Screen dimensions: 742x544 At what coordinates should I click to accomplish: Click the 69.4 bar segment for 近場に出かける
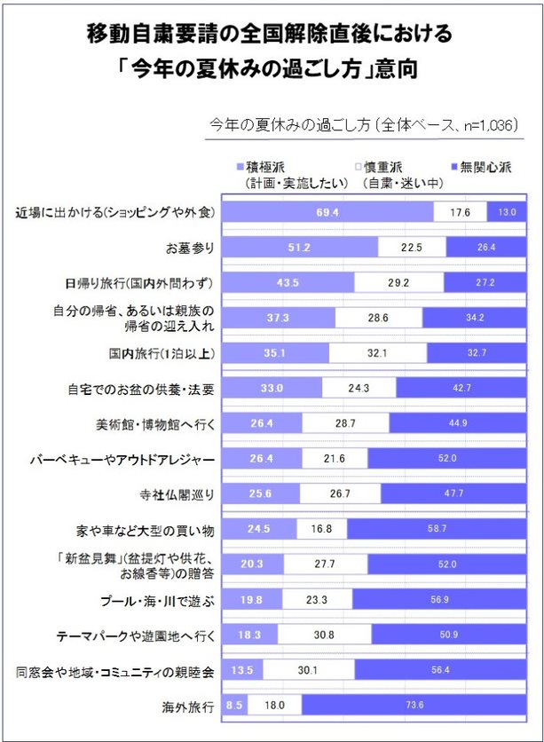point(327,212)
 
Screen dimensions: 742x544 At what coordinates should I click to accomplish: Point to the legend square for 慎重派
point(358,167)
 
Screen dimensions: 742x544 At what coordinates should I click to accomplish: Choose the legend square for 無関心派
point(455,167)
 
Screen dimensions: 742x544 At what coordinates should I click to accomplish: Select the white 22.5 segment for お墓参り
point(411,247)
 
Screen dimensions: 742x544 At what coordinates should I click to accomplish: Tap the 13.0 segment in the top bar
point(507,212)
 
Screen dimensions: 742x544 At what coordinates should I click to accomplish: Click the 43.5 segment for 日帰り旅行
point(287,282)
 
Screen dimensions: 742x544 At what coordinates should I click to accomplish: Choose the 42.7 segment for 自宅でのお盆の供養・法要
point(461,388)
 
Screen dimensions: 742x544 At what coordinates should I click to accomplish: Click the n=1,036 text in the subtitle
point(485,125)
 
